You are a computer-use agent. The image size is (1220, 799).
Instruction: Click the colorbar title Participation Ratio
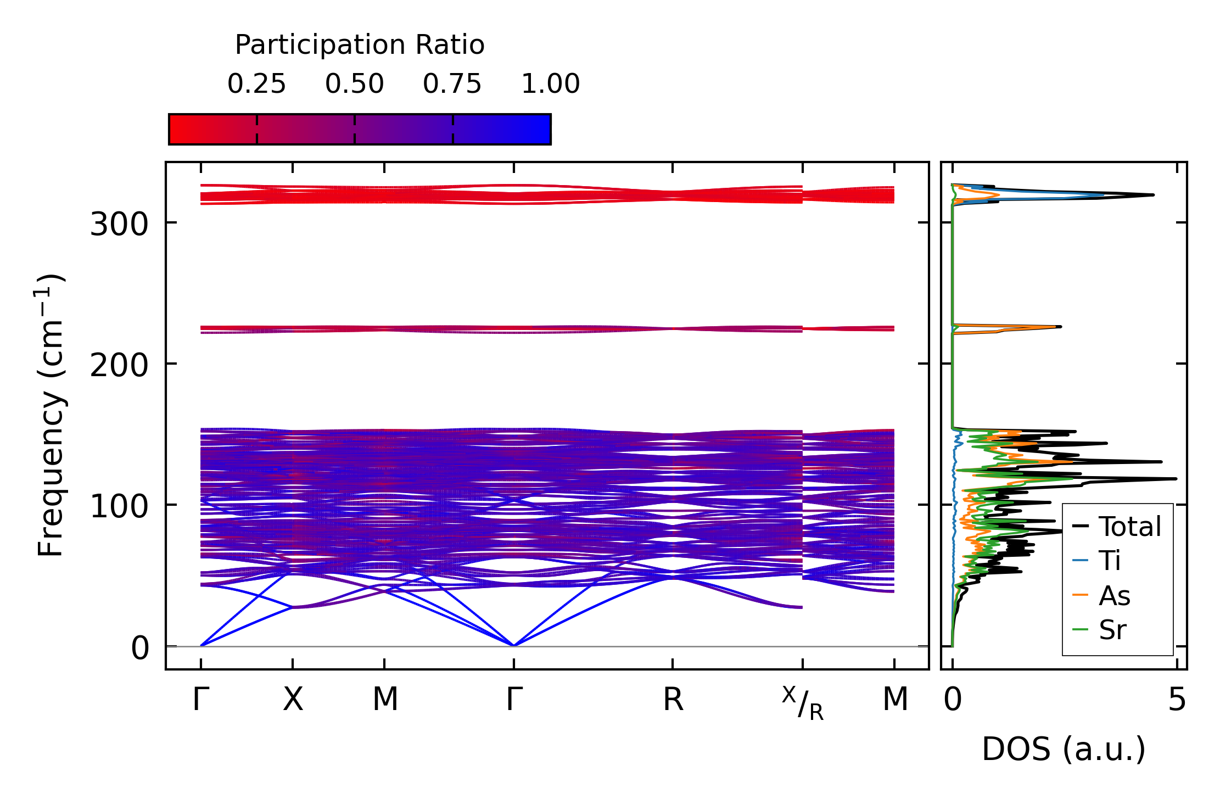[360, 45]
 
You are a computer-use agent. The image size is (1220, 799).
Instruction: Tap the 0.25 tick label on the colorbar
[256, 84]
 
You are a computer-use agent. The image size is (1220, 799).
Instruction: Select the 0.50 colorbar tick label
[354, 84]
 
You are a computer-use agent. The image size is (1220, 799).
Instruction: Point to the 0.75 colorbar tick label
[452, 84]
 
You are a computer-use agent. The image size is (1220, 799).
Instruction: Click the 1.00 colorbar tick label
[550, 84]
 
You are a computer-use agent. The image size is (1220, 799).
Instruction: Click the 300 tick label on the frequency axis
[119, 224]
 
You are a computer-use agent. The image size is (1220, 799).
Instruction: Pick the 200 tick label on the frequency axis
[119, 365]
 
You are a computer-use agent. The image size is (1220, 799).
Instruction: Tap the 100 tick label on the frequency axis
[119, 506]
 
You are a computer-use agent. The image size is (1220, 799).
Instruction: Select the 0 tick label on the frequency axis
[139, 648]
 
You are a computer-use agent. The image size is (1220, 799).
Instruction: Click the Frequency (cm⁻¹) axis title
[51, 415]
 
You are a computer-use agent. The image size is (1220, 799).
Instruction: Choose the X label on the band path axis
[293, 700]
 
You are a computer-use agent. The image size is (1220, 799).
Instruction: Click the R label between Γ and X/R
[673, 700]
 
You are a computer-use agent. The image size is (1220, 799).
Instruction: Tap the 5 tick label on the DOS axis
[1177, 700]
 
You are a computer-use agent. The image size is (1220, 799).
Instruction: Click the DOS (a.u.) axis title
[1064, 749]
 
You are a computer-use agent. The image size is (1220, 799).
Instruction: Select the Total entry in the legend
[1117, 527]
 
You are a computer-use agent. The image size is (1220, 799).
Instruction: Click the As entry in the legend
[1101, 596]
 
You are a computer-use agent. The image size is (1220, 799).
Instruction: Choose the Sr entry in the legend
[1099, 630]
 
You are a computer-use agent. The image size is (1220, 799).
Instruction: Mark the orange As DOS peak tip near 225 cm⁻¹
[1056, 327]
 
